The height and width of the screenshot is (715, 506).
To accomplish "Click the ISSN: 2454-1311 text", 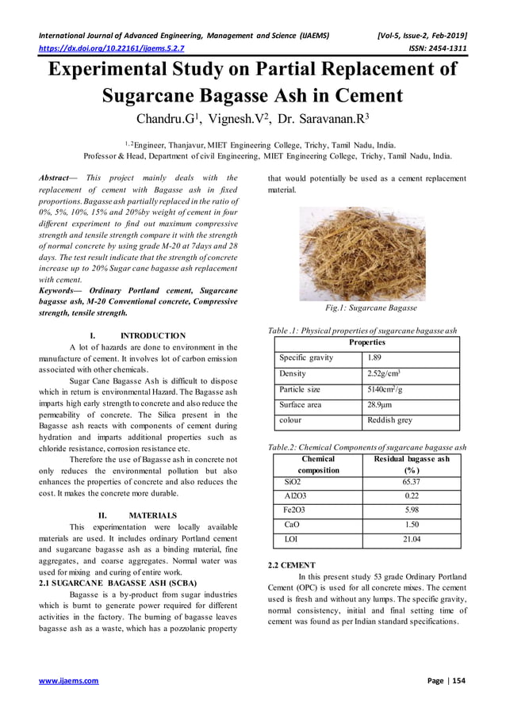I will click(x=432, y=49).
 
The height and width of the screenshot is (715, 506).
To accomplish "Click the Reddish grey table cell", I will click(x=389, y=420).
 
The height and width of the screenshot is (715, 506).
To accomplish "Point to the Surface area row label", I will click(x=300, y=404).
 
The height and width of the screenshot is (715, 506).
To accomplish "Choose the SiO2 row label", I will click(x=292, y=481).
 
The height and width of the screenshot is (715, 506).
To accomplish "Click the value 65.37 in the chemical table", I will click(x=411, y=481).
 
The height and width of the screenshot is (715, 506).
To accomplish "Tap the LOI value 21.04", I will click(x=411, y=539).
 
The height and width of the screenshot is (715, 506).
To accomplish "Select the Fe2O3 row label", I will click(x=293, y=510).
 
